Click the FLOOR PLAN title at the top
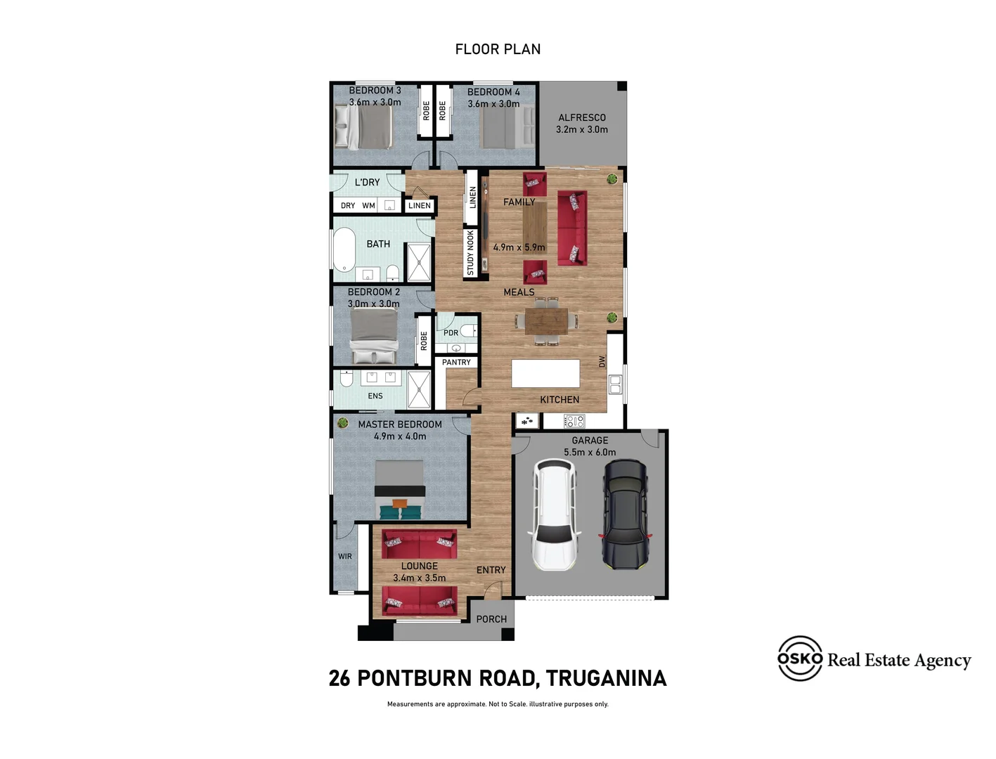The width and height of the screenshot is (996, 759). [x=498, y=49]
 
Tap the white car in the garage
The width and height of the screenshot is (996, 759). [x=555, y=514]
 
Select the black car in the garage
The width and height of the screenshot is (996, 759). [x=625, y=514]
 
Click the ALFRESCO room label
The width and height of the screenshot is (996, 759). [x=582, y=118]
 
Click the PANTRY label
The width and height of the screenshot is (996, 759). [x=456, y=363]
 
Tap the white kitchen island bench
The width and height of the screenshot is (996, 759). [x=546, y=373]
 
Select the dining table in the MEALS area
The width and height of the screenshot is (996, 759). [x=546, y=322]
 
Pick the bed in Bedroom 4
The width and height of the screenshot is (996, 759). [x=508, y=127]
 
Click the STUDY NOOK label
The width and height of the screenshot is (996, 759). [x=471, y=253]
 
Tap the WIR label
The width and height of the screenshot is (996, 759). [x=345, y=557]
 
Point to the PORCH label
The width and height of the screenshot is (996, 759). [x=491, y=619]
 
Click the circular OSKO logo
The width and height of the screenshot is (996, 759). [x=800, y=659]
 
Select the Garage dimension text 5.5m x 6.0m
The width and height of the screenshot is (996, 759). [x=590, y=453]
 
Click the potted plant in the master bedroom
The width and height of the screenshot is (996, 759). [x=343, y=423]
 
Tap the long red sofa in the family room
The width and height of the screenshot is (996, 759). [x=572, y=228]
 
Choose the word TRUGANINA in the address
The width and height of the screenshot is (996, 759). [x=606, y=678]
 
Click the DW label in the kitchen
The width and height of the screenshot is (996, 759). [x=602, y=361]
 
